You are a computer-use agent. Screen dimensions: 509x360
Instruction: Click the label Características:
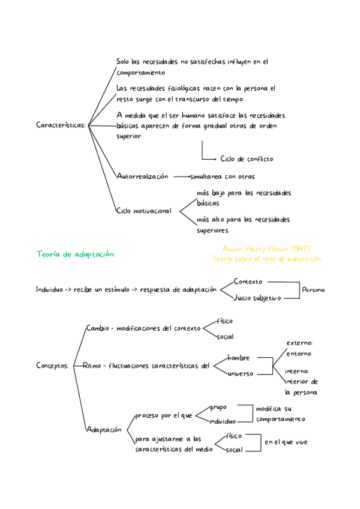point(61,125)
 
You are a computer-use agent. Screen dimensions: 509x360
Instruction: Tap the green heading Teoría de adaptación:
point(76,254)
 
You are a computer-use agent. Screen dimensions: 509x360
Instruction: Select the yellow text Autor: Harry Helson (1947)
point(266,248)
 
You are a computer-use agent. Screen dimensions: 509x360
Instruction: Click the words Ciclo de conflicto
point(247,159)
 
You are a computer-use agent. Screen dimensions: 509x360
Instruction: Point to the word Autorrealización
point(143,176)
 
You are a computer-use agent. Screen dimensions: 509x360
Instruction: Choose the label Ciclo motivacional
point(144,211)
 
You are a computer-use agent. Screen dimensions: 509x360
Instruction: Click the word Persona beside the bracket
point(313,289)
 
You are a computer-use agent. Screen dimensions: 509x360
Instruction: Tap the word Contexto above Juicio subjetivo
point(248,281)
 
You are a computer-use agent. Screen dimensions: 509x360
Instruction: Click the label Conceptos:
point(53,365)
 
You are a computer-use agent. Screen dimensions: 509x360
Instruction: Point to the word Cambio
point(97,328)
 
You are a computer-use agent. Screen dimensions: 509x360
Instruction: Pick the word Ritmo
point(92,365)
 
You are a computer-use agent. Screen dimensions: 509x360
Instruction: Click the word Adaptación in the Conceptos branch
point(104,430)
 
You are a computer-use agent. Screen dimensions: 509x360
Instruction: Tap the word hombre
point(238,358)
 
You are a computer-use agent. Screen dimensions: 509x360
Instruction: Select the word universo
point(241,373)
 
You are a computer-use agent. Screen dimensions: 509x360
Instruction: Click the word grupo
point(218,408)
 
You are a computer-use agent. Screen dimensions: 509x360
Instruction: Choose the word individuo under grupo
point(223,422)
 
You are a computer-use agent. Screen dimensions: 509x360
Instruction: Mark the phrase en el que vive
point(286,442)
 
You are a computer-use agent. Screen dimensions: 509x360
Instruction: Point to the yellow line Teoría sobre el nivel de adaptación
point(267,259)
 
